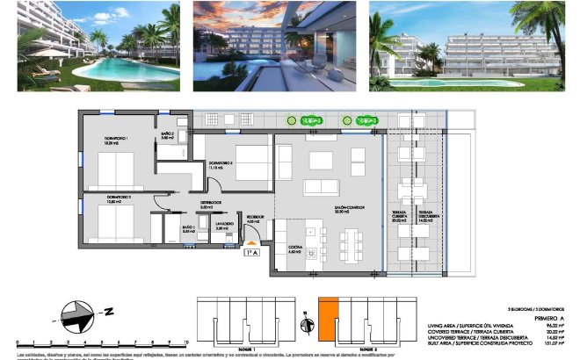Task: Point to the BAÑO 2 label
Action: tap(168, 134)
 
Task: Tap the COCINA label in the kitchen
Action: tap(294, 249)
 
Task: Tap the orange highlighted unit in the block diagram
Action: tap(327, 320)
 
